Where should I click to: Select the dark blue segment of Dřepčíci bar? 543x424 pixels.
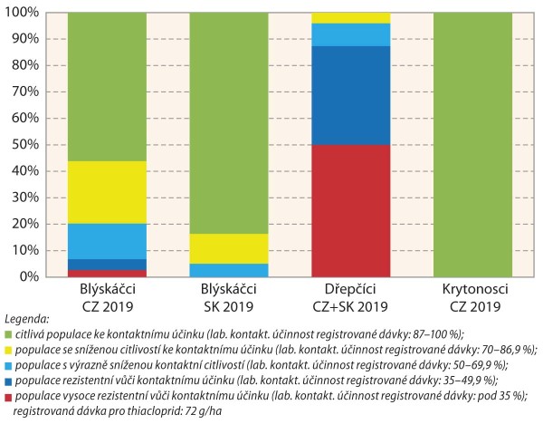(x=351, y=95)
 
